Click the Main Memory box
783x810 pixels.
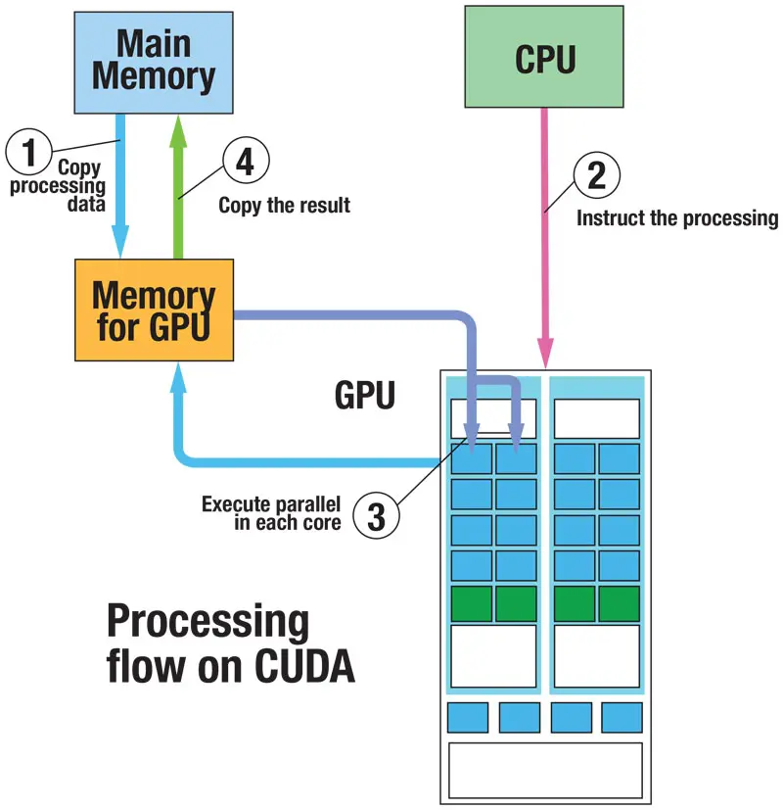click(154, 63)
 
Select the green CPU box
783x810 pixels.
click(544, 56)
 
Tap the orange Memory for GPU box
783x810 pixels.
click(154, 310)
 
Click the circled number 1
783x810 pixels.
click(29, 152)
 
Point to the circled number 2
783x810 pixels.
click(597, 175)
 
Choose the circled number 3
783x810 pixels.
click(376, 515)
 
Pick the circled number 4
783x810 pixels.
click(246, 161)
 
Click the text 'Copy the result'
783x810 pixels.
click(285, 205)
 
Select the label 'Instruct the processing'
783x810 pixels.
click(677, 218)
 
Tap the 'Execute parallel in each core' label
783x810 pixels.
click(271, 513)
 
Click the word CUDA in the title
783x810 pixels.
click(304, 666)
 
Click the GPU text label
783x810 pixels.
click(365, 395)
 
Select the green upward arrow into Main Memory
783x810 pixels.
click(178, 186)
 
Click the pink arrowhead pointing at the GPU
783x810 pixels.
click(545, 353)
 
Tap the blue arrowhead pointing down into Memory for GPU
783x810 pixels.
click(120, 241)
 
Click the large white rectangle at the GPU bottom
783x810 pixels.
click(545, 771)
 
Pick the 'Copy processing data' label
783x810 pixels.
click(58, 185)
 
